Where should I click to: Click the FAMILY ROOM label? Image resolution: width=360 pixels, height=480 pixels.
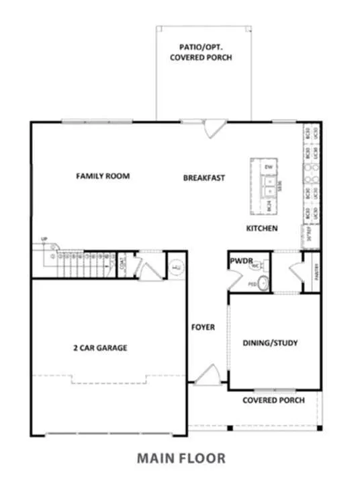click(102, 176)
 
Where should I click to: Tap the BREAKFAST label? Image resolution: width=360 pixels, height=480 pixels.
click(204, 178)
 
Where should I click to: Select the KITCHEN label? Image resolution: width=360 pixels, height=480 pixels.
click(261, 229)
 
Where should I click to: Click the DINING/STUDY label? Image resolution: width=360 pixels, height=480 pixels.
click(270, 343)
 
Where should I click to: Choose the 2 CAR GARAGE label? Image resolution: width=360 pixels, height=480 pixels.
click(100, 348)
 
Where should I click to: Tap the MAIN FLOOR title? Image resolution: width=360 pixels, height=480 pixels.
click(181, 458)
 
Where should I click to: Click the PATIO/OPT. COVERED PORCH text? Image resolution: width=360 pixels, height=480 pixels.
click(205, 52)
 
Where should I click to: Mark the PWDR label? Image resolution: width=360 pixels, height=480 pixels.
click(240, 259)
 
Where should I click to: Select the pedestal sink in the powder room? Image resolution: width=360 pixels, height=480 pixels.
click(263, 284)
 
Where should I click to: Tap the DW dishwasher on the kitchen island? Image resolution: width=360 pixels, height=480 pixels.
click(267, 165)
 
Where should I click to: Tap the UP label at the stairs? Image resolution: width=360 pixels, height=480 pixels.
click(44, 239)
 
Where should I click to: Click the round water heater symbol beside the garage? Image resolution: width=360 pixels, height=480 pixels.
click(176, 267)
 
